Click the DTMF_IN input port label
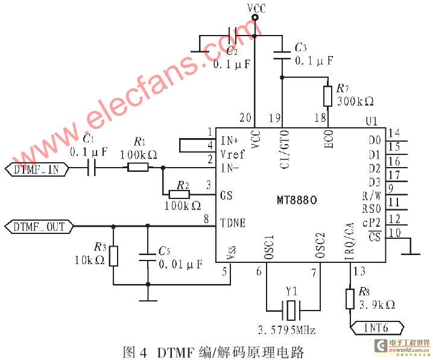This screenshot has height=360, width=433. [36, 169]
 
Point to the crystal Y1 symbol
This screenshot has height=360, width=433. [292, 312]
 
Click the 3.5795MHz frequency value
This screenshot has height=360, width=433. [287, 330]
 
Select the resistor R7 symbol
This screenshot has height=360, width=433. [327, 96]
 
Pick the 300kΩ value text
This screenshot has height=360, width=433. [356, 101]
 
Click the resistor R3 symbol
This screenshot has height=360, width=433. [113, 256]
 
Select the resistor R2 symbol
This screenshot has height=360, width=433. [179, 194]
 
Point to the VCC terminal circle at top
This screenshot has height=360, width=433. [255, 19]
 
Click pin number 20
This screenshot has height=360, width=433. [244, 118]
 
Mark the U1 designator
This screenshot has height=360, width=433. [371, 121]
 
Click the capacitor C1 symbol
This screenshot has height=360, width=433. [92, 169]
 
